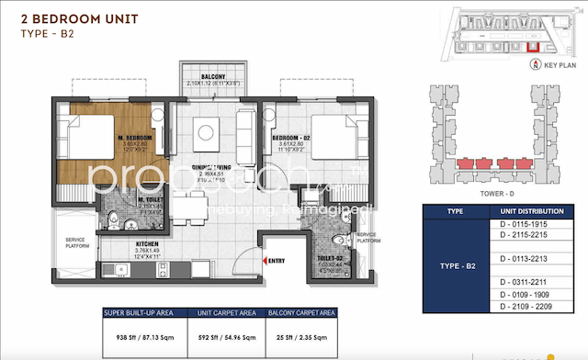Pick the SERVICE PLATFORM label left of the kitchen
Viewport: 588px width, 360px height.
click(76, 243)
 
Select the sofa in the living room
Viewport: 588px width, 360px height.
click(245, 124)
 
